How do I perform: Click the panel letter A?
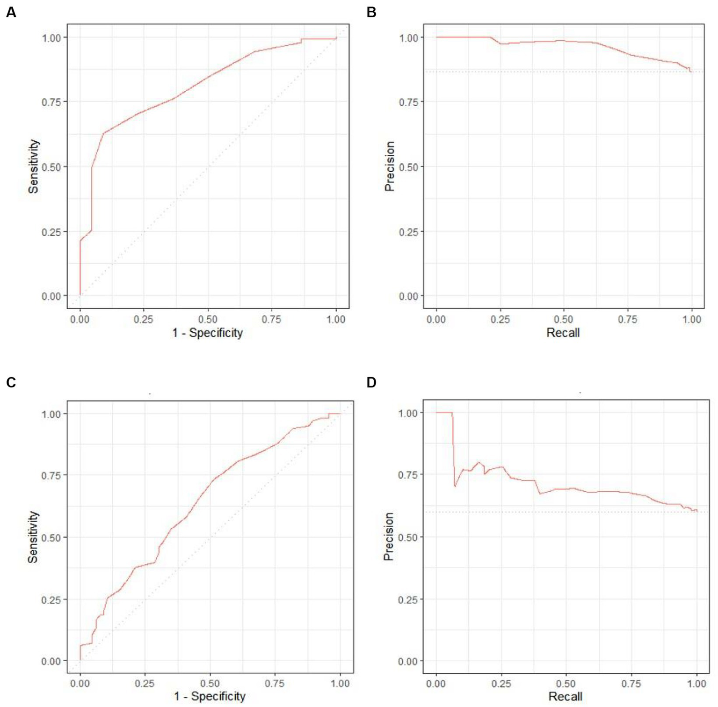click(11, 13)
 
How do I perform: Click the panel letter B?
click(371, 13)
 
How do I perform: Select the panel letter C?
click(11, 382)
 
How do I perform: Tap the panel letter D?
click(371, 382)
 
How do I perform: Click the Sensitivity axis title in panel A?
click(33, 167)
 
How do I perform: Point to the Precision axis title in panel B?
click(390, 167)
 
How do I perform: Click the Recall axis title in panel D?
click(565, 696)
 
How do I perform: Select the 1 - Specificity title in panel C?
click(210, 696)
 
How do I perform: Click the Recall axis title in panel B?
click(563, 333)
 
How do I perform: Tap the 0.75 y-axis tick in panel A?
click(51, 102)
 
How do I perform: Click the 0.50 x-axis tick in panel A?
click(208, 319)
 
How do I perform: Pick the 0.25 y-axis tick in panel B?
click(408, 232)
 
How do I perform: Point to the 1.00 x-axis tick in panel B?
click(692, 319)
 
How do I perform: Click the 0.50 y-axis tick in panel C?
click(51, 538)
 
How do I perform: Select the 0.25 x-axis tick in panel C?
click(145, 684)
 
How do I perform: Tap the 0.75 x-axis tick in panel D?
click(631, 684)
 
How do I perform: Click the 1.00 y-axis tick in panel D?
click(407, 413)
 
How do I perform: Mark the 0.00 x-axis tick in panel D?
click(436, 684)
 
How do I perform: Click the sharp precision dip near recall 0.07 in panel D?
click(455, 486)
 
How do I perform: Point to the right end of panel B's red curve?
click(691, 72)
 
